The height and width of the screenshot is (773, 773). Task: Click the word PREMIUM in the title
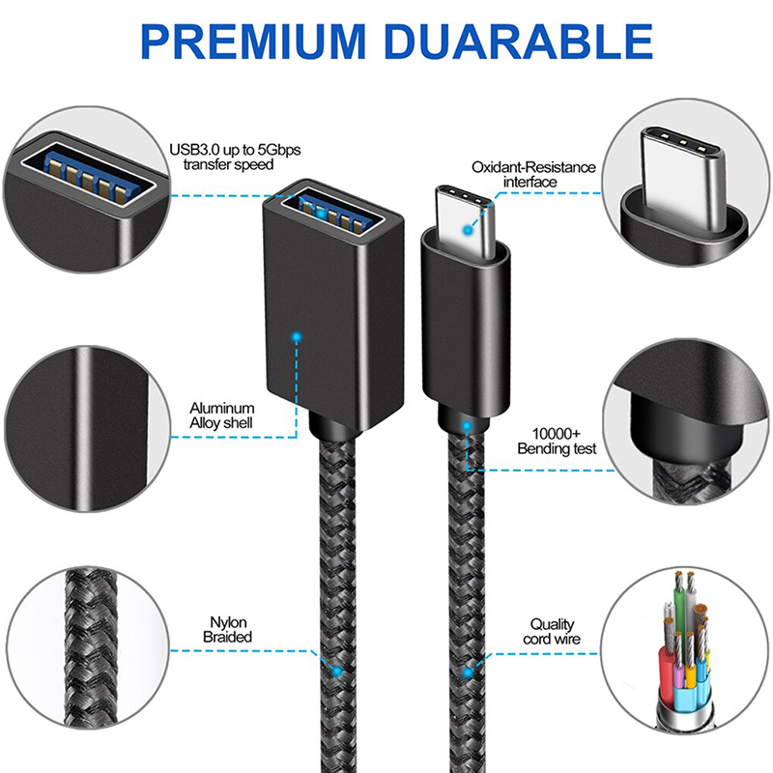[x=253, y=42]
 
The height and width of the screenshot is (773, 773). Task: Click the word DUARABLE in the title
[x=518, y=42]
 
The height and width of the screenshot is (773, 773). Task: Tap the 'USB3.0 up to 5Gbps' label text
[x=235, y=150]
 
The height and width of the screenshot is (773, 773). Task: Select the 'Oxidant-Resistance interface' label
[x=533, y=174]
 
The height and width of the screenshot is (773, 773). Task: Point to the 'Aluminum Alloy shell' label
[x=222, y=415]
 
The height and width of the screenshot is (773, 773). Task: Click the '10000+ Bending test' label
[x=557, y=441]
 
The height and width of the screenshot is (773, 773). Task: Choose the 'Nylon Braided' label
[x=228, y=629]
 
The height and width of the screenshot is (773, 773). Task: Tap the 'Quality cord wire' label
[x=552, y=632]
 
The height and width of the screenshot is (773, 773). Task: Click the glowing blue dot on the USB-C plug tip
[x=468, y=230]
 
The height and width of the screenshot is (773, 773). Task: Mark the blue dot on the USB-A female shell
[x=297, y=337]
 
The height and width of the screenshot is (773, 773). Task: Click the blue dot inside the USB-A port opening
[x=322, y=214]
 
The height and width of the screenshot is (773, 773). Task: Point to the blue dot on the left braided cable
[x=337, y=671]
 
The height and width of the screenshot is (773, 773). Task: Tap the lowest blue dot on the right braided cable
[x=468, y=672]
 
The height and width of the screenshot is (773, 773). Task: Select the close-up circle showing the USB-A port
[x=87, y=188]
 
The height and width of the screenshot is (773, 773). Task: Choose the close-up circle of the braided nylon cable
[x=89, y=648]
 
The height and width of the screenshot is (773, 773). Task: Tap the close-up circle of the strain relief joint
[x=686, y=422]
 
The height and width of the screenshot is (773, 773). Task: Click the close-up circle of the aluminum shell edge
[x=88, y=429]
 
